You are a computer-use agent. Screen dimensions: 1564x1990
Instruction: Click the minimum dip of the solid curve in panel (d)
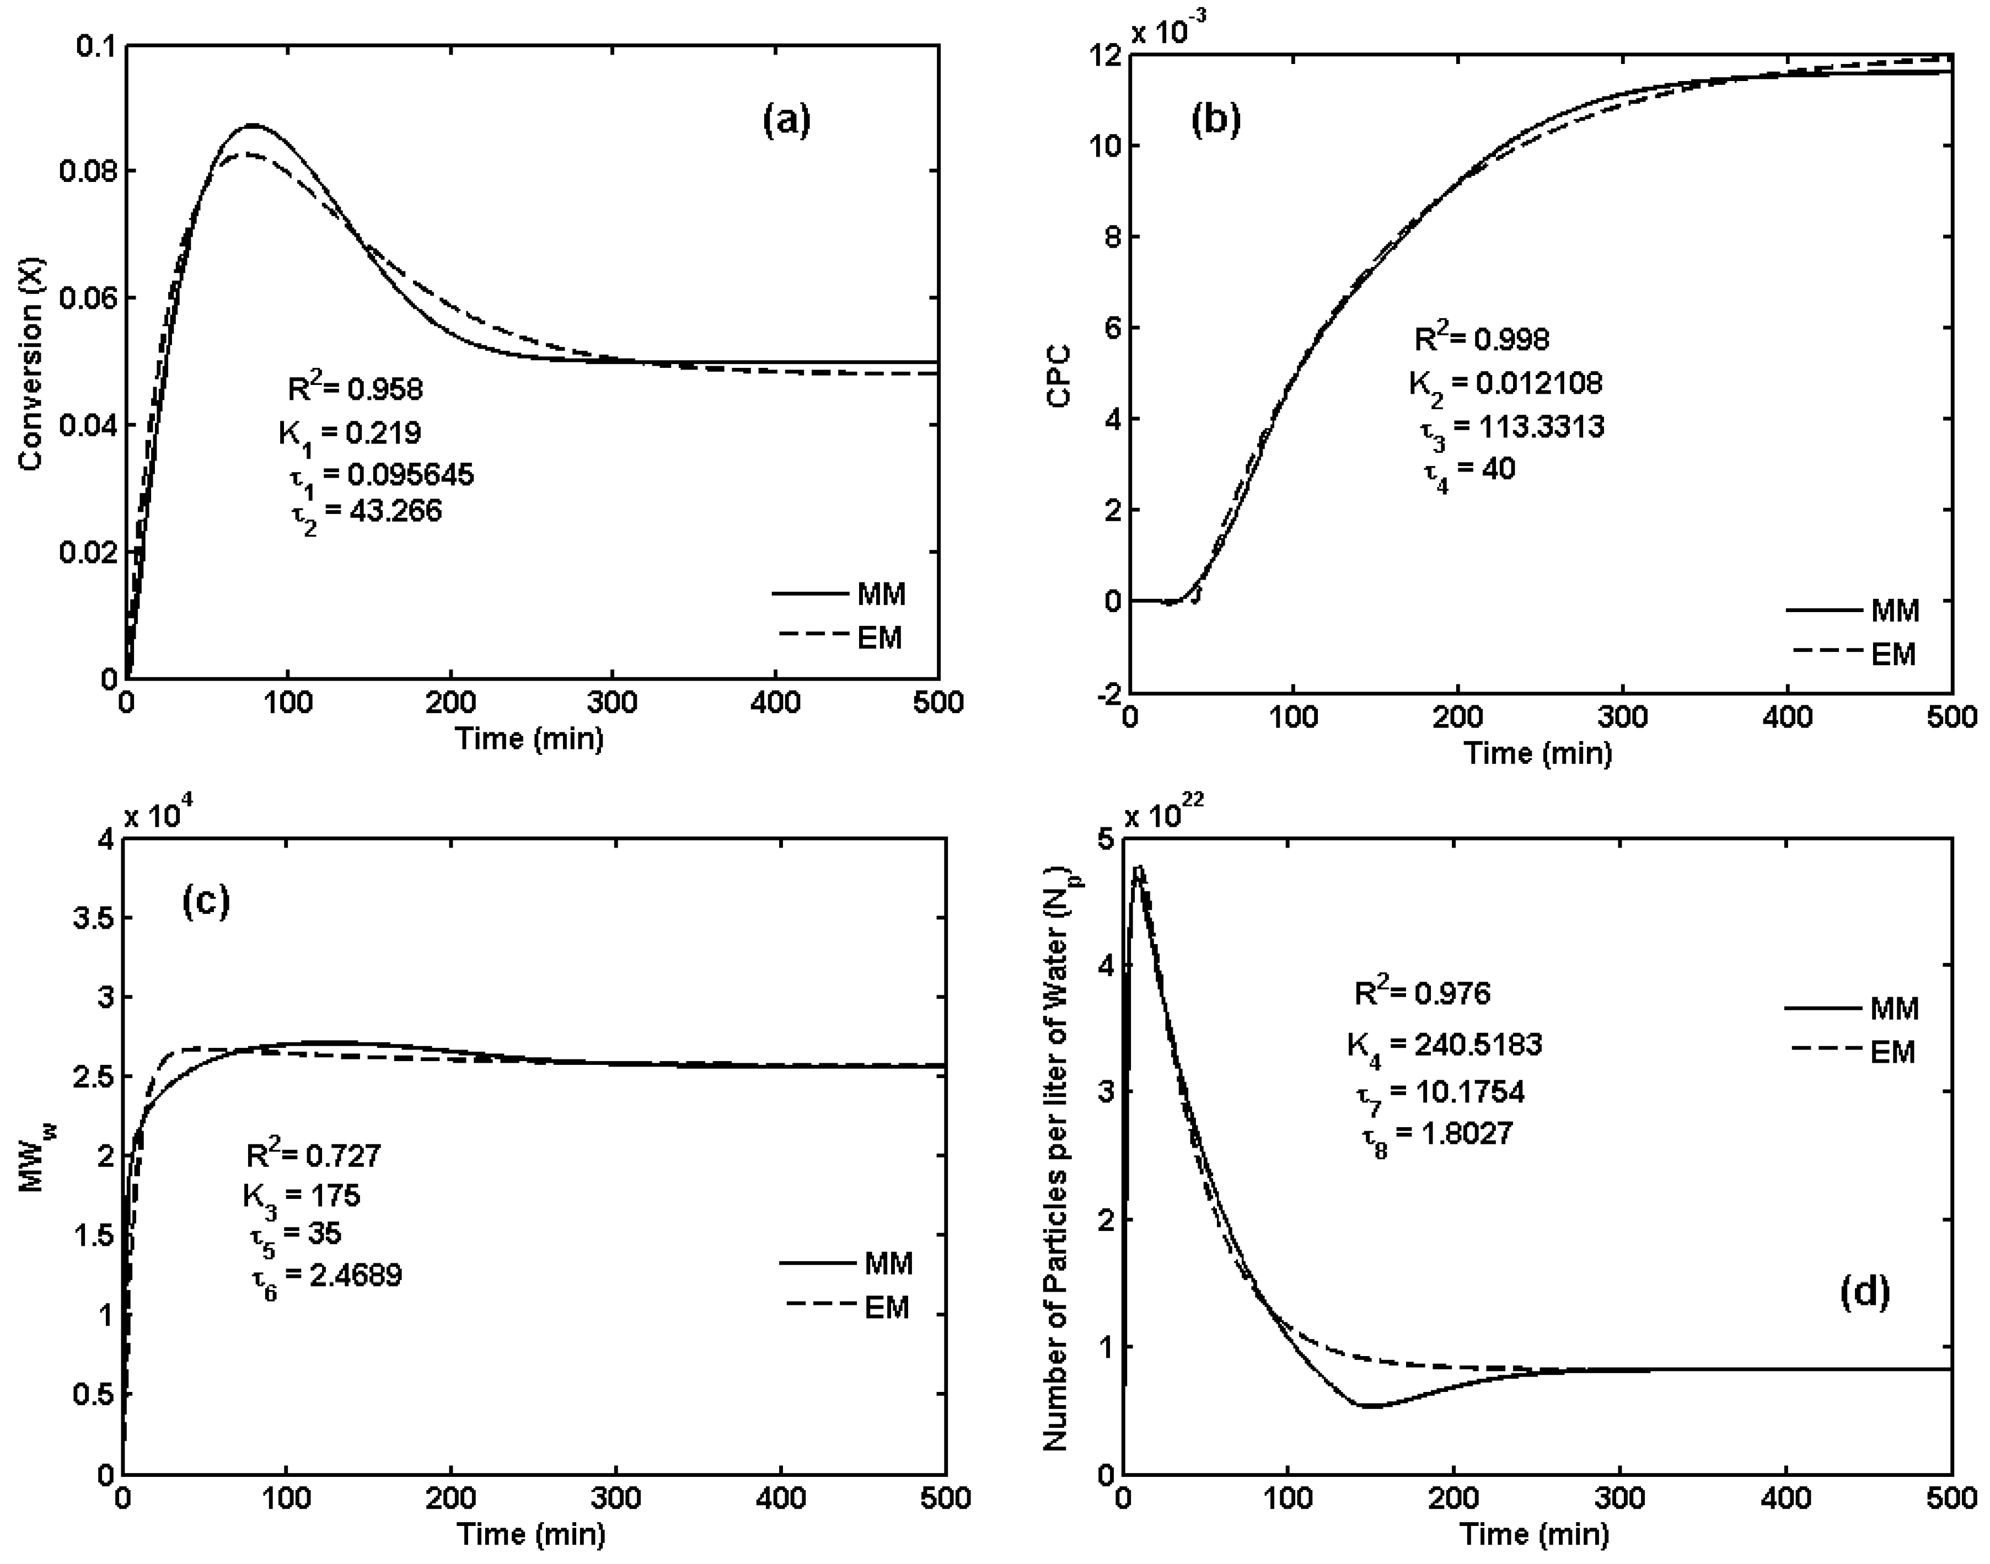click(x=1369, y=1406)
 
